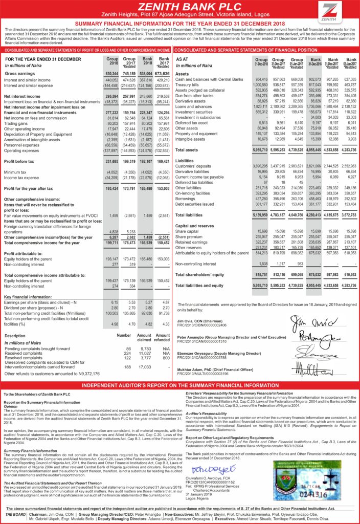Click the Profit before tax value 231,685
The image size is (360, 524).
point(111,161)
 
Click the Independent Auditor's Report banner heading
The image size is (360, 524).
point(179,385)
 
